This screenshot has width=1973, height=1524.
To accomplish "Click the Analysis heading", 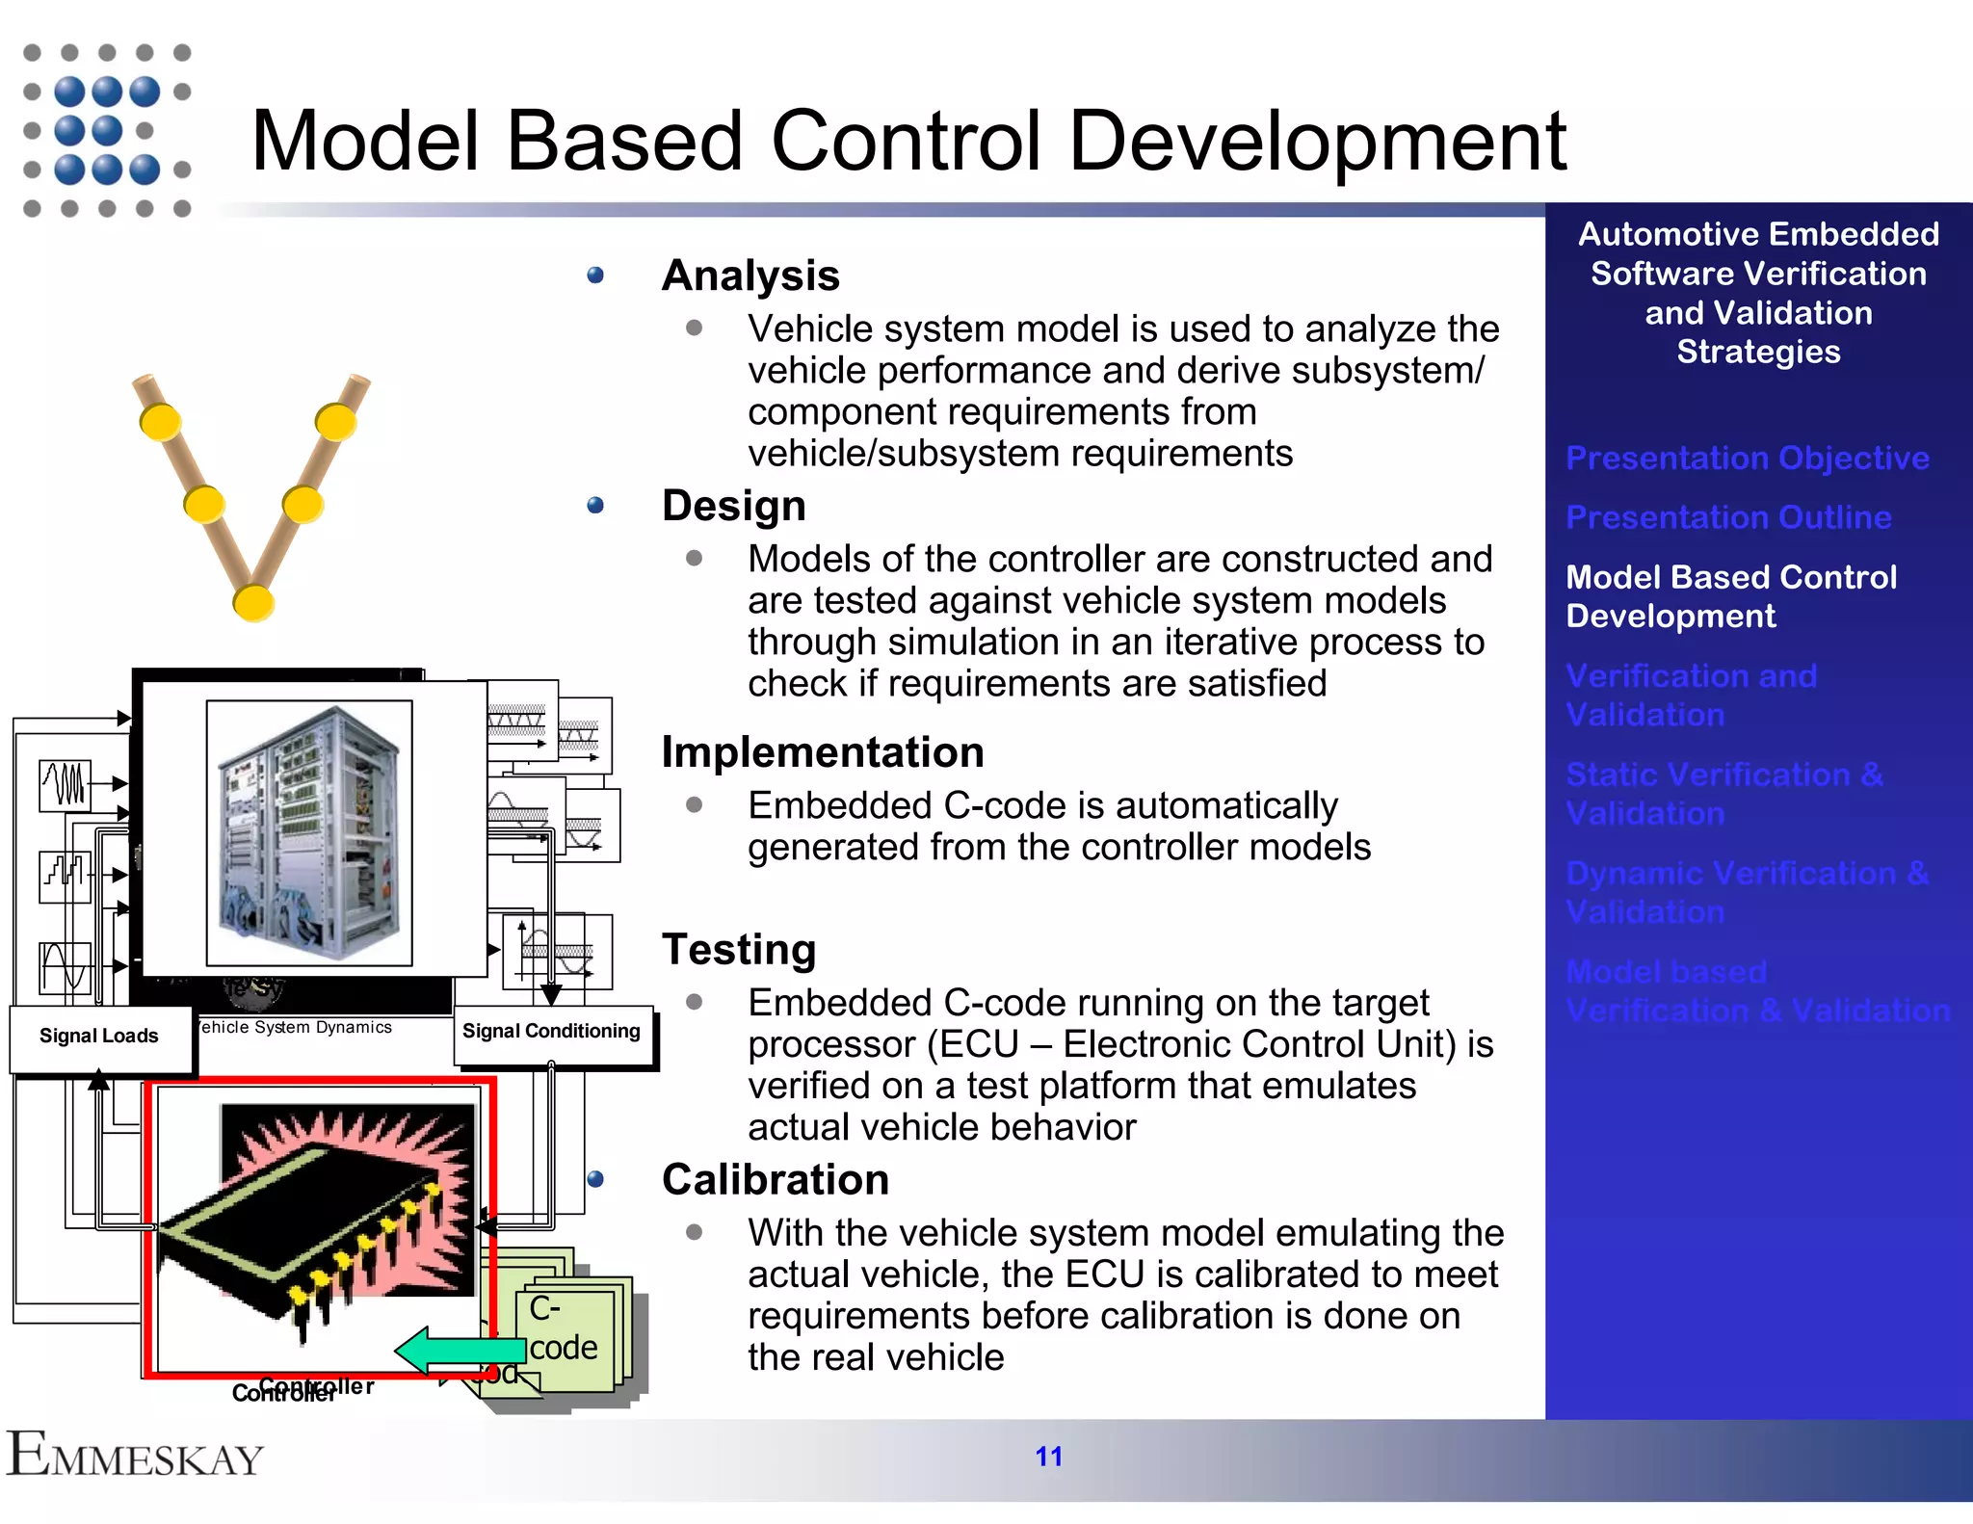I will click(750, 276).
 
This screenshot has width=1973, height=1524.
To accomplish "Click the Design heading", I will click(733, 506).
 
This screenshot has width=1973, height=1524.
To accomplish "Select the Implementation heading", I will click(823, 752).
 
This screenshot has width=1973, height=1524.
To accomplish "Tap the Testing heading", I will click(739, 950).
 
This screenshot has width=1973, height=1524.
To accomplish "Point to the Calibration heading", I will click(776, 1180).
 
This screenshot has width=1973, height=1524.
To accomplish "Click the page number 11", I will click(1048, 1456).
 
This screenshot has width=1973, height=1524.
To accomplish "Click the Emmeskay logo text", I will click(135, 1456).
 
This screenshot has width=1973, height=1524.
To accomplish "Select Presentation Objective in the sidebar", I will click(1747, 459).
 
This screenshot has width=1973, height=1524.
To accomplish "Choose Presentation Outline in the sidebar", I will click(1728, 518).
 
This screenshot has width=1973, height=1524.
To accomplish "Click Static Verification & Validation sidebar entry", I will click(1723, 794).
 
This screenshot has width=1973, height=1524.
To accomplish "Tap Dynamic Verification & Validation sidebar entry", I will click(1746, 892).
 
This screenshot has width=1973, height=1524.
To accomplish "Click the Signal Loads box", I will click(99, 1037).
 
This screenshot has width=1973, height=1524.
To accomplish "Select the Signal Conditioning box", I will click(551, 1032).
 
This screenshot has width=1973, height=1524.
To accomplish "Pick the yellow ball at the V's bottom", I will click(253, 603).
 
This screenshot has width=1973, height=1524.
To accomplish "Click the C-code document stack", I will click(568, 1334).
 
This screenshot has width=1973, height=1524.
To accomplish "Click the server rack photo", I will click(309, 832).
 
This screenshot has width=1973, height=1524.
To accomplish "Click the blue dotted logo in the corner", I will click(106, 130).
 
